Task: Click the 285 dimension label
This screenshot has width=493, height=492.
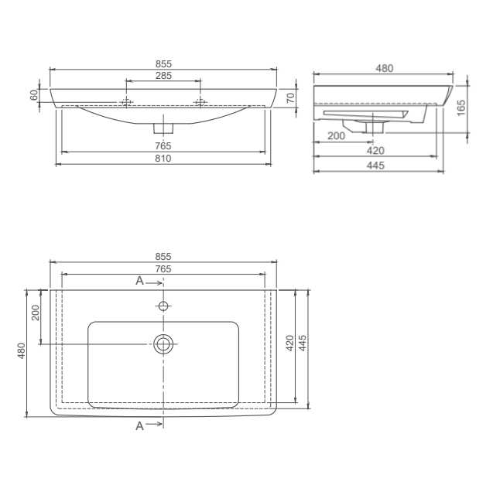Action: click(x=163, y=75)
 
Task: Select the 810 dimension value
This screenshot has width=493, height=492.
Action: click(x=163, y=158)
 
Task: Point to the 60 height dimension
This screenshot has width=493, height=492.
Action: click(x=34, y=95)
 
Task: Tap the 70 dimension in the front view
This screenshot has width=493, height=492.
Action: click(x=289, y=97)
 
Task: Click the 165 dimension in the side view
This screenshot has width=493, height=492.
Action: click(x=461, y=108)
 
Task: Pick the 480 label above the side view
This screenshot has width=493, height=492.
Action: click(x=384, y=68)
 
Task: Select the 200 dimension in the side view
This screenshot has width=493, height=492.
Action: click(x=337, y=135)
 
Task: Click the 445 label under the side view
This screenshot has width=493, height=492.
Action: click(x=376, y=166)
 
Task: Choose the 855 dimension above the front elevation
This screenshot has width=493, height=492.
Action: click(x=163, y=63)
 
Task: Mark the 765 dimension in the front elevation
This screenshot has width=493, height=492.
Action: click(x=163, y=146)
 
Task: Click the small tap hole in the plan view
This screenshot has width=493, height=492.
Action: click(x=163, y=306)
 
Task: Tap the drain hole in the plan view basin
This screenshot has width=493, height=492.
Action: click(x=163, y=344)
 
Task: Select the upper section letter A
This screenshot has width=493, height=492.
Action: click(x=139, y=281)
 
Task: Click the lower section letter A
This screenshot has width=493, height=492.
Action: click(x=139, y=425)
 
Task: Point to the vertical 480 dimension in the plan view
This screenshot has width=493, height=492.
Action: click(x=22, y=352)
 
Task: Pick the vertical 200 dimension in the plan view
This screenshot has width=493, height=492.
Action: click(x=36, y=313)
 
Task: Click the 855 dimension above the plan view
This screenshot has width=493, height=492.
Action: click(x=163, y=256)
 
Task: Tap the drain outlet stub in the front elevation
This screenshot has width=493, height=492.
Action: click(x=163, y=125)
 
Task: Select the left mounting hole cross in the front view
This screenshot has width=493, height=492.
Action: click(x=125, y=102)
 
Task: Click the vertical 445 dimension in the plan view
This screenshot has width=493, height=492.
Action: click(x=305, y=343)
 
